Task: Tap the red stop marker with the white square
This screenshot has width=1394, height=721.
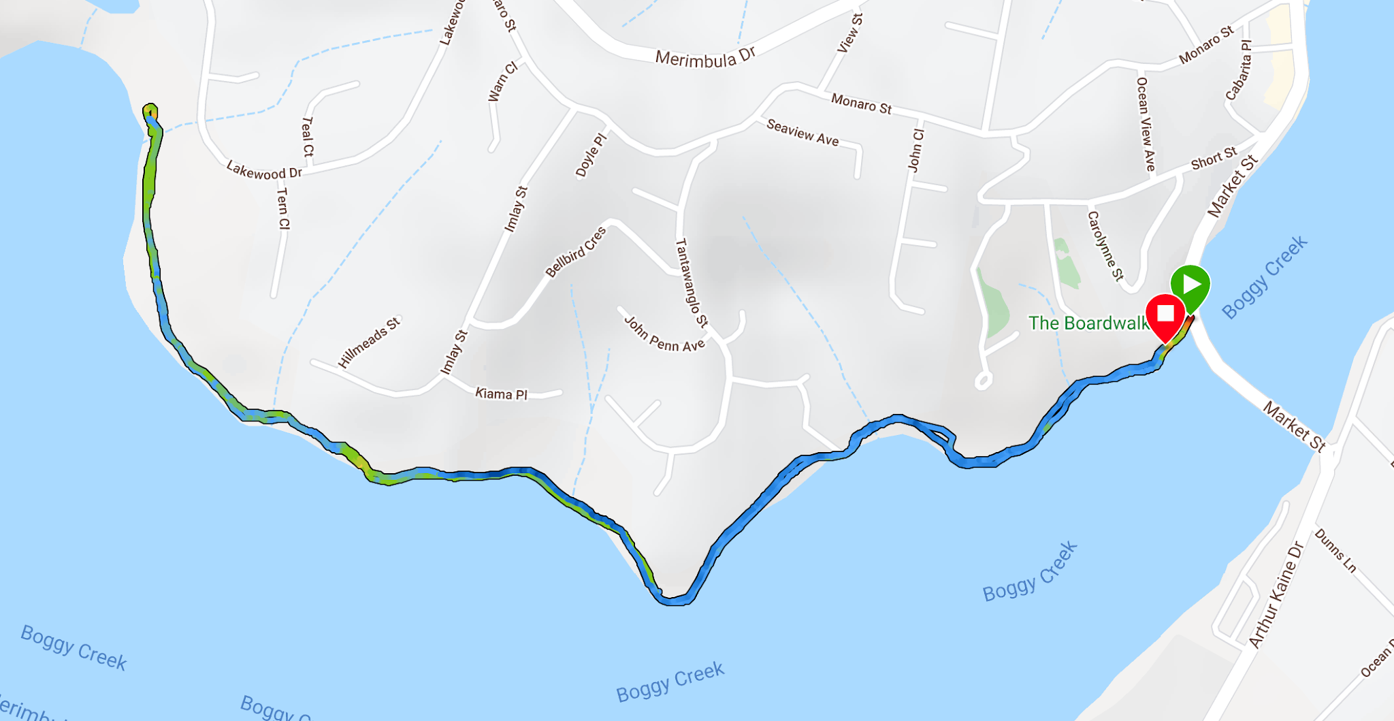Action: tap(1165, 314)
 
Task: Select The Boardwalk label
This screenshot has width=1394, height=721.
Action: tap(1088, 323)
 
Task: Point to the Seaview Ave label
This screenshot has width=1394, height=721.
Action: tap(803, 133)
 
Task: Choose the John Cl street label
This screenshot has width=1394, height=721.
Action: tap(916, 150)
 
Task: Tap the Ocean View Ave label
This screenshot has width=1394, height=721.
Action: tap(1146, 123)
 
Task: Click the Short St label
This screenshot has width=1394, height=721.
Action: tap(1214, 158)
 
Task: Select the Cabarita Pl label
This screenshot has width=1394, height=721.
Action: tap(1239, 70)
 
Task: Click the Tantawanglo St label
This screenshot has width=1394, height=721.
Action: tap(691, 283)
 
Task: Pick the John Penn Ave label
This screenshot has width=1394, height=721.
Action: tap(664, 334)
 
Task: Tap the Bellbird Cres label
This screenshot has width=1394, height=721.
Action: tap(576, 252)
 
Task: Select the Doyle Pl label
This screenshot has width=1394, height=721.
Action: tap(590, 155)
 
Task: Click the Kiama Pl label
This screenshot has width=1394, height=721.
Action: tap(501, 394)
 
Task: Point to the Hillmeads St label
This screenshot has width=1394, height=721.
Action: tap(369, 342)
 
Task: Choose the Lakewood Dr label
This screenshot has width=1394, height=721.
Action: tap(264, 170)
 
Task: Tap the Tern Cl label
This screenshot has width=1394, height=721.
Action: tap(282, 209)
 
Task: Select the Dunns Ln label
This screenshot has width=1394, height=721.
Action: tap(1335, 551)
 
